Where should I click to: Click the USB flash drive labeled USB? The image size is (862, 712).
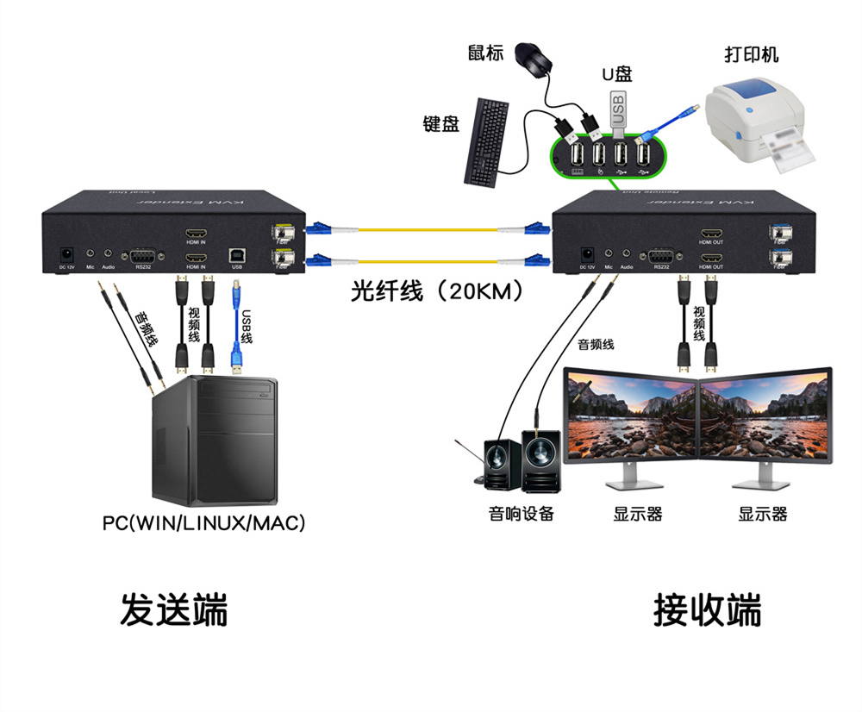(x=617, y=109)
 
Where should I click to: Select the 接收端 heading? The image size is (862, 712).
(x=707, y=609)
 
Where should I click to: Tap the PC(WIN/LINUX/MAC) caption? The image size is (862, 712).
(x=203, y=522)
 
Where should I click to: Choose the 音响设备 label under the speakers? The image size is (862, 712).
(x=521, y=515)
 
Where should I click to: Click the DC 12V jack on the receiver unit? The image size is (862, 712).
(x=589, y=255)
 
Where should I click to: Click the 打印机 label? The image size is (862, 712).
(x=750, y=55)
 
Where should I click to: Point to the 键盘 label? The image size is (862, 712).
(x=440, y=123)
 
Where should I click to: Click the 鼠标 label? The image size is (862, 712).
(x=482, y=53)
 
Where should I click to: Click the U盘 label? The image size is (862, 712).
(x=617, y=75)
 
